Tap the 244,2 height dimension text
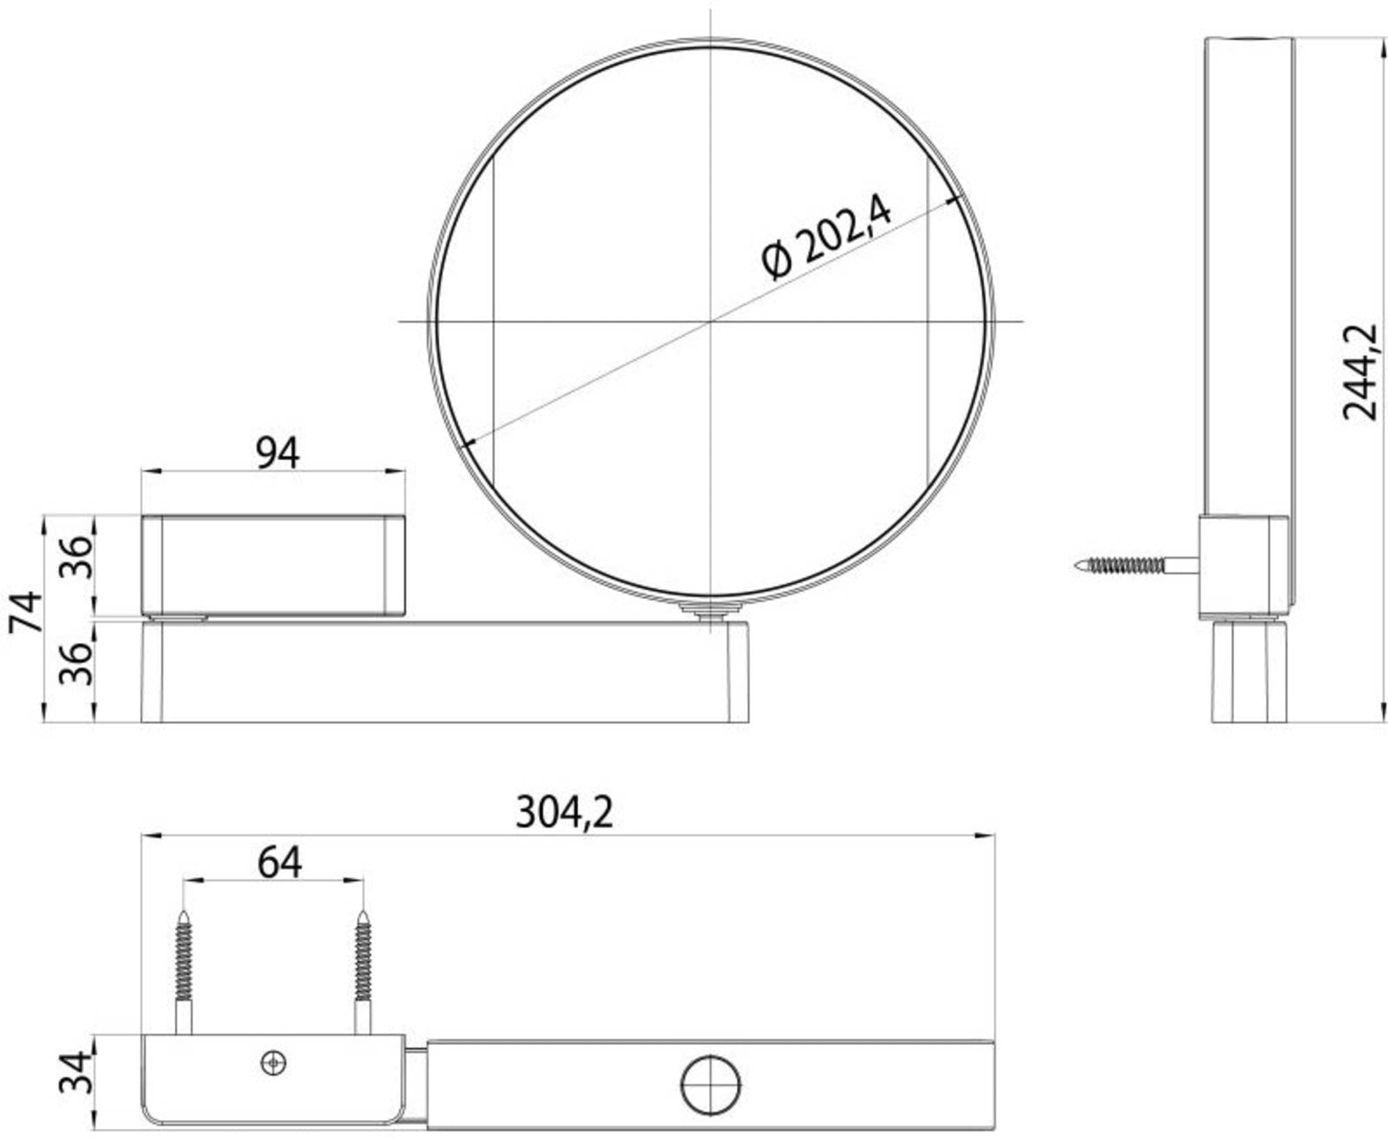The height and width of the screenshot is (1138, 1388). click(x=1359, y=372)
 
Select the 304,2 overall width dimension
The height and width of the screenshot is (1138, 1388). click(x=564, y=812)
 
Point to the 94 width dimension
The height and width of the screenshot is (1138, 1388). click(x=278, y=453)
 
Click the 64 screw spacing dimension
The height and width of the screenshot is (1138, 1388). click(x=279, y=863)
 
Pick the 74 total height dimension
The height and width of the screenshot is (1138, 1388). click(x=26, y=612)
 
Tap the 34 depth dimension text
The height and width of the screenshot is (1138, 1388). click(x=75, y=1072)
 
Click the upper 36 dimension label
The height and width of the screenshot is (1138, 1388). click(x=75, y=557)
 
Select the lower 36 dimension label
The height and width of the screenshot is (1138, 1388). click(x=75, y=664)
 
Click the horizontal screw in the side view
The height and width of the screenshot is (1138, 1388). click(x=1137, y=565)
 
